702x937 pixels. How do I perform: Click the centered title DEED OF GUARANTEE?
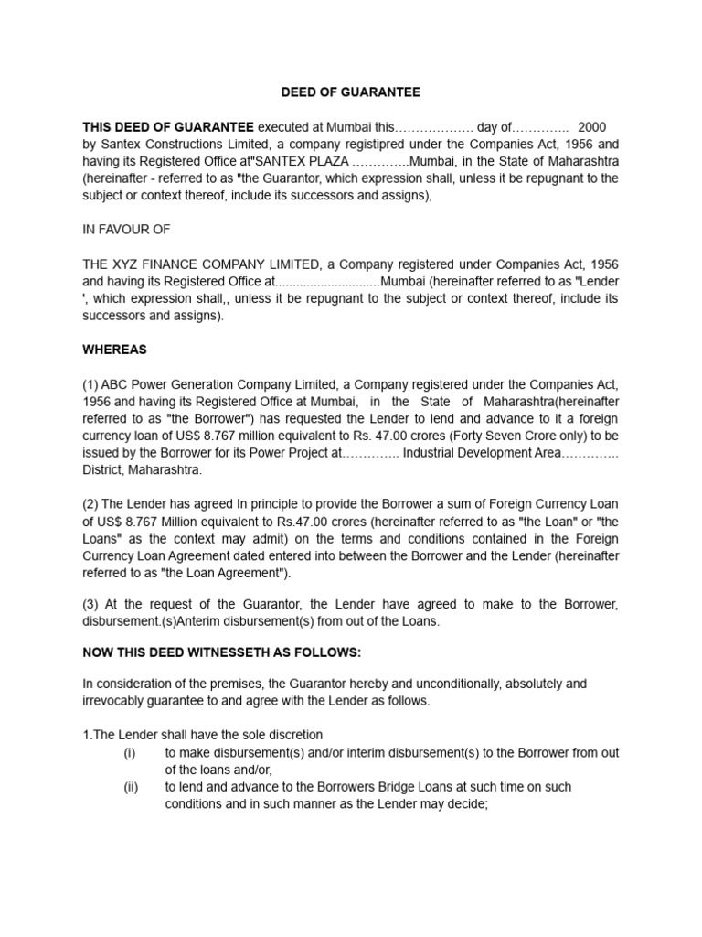point(350,92)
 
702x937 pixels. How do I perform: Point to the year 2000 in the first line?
point(592,126)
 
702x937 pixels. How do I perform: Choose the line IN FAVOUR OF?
point(126,230)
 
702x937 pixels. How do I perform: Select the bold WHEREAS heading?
point(114,350)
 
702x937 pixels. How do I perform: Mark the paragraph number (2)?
point(91,504)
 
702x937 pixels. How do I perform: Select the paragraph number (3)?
point(91,603)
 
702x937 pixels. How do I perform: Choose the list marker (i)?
point(130,752)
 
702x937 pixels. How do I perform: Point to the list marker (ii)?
point(130,787)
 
